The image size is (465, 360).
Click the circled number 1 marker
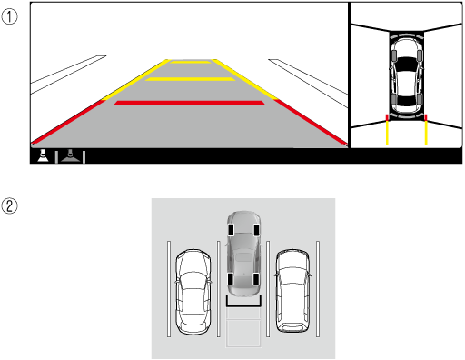[x=9, y=16]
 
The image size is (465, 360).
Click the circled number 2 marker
[x=9, y=206]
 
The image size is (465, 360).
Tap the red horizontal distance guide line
[x=189, y=103]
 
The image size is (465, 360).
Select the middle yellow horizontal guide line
[x=190, y=79]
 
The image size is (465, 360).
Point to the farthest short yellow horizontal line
[x=191, y=62]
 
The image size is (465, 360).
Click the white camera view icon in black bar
[x=43, y=155]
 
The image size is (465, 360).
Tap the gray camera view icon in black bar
[x=70, y=155]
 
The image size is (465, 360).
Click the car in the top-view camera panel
[x=407, y=75]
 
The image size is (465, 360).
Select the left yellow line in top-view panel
[x=387, y=129]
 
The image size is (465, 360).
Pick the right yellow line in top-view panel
[x=426, y=129]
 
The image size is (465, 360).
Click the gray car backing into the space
[x=243, y=254]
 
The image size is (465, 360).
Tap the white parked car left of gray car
[x=193, y=292]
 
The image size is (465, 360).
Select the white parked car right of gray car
[x=292, y=291]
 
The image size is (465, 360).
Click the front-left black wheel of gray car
[x=231, y=230]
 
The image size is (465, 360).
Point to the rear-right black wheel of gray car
[x=256, y=279]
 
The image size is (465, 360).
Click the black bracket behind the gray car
[x=243, y=305]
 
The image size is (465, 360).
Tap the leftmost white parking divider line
[x=169, y=289]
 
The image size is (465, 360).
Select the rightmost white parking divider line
[x=318, y=289]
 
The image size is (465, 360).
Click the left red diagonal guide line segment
[x=68, y=122]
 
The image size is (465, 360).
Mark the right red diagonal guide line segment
[x=311, y=122]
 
